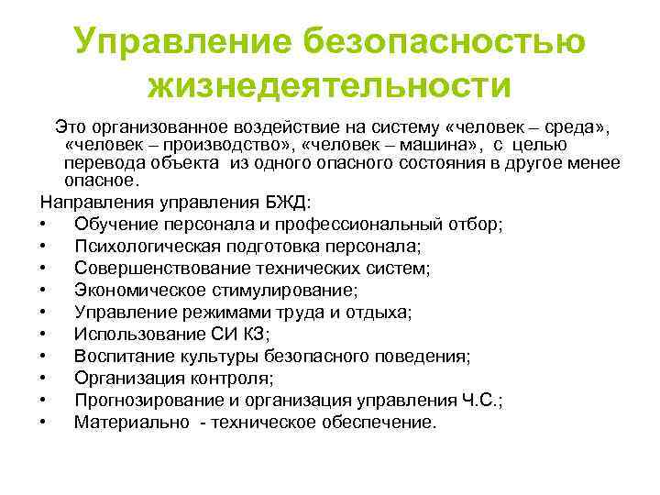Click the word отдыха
click(x=383, y=312)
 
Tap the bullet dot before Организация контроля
click(x=44, y=379)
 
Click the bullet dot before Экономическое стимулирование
click(x=44, y=291)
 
